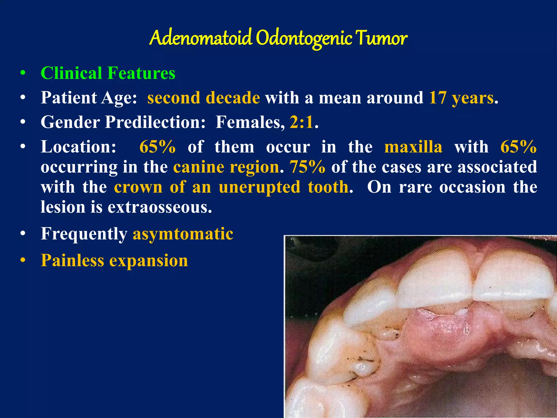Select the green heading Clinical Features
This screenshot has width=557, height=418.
(x=108, y=73)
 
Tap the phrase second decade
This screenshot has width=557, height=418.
(x=203, y=98)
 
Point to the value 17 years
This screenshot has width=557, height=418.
(x=461, y=98)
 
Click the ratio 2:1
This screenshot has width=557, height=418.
(x=301, y=122)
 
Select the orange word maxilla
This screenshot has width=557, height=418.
(x=413, y=147)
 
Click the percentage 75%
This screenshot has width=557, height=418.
(x=307, y=167)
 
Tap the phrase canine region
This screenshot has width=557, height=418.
(x=226, y=167)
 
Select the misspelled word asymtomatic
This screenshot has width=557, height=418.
(x=183, y=234)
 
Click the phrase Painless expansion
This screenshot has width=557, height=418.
(x=114, y=260)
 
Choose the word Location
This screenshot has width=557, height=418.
(x=78, y=147)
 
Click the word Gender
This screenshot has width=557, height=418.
(x=70, y=122)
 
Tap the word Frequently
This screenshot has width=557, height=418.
(x=84, y=234)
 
